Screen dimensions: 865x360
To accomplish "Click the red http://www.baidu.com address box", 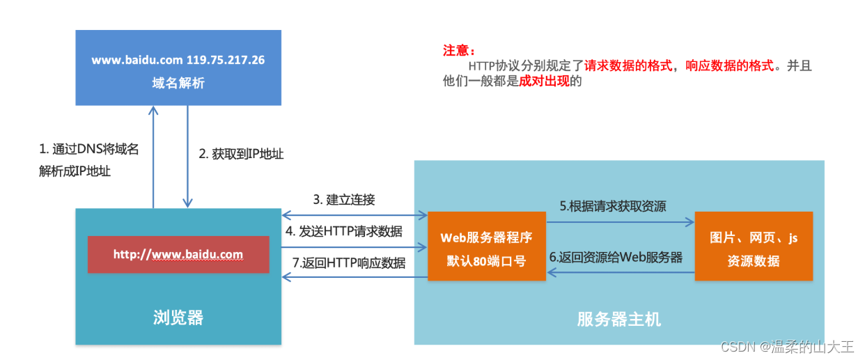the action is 178,254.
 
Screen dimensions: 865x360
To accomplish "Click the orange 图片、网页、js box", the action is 754,246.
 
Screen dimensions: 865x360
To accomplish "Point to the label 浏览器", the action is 178,318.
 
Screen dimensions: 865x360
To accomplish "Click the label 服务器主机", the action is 619,320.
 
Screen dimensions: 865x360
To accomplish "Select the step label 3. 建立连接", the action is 344,200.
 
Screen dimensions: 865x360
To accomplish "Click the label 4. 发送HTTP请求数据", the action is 344,232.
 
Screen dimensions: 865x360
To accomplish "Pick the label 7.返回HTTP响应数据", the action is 349,263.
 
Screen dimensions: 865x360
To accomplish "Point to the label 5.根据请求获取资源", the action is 613,206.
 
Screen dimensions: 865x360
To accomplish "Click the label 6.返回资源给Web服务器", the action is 616,257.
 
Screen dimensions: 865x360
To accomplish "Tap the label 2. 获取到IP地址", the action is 241,154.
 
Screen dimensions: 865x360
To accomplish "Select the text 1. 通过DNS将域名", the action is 88,149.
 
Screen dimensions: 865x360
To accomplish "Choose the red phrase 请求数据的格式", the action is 628,66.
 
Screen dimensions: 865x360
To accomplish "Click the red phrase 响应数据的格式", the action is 730,66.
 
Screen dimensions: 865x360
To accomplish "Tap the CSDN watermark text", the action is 787,347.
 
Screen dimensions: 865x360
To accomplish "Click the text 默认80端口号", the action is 487,261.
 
